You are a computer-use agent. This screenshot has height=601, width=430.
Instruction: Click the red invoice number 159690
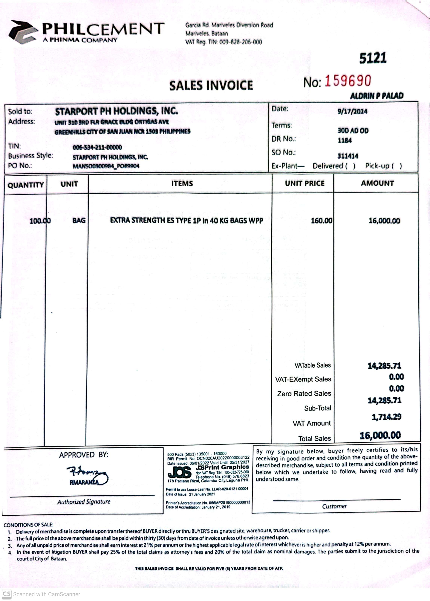[x=348, y=81]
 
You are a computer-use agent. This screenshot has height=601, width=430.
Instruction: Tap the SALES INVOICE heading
[x=211, y=85]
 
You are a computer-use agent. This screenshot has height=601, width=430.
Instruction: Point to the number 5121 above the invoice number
[x=373, y=58]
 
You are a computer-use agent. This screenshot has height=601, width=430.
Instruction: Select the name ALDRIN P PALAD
[x=377, y=96]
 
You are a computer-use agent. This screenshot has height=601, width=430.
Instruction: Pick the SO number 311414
[x=348, y=156]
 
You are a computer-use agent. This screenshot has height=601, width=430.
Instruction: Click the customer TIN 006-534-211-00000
[x=97, y=147]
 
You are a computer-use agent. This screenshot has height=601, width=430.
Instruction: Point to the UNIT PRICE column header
[x=304, y=183]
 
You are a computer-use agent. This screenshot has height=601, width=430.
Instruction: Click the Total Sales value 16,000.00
[x=380, y=435]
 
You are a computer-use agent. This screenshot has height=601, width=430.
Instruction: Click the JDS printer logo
[x=180, y=472]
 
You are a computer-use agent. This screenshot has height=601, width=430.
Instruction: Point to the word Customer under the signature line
[x=334, y=506]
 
